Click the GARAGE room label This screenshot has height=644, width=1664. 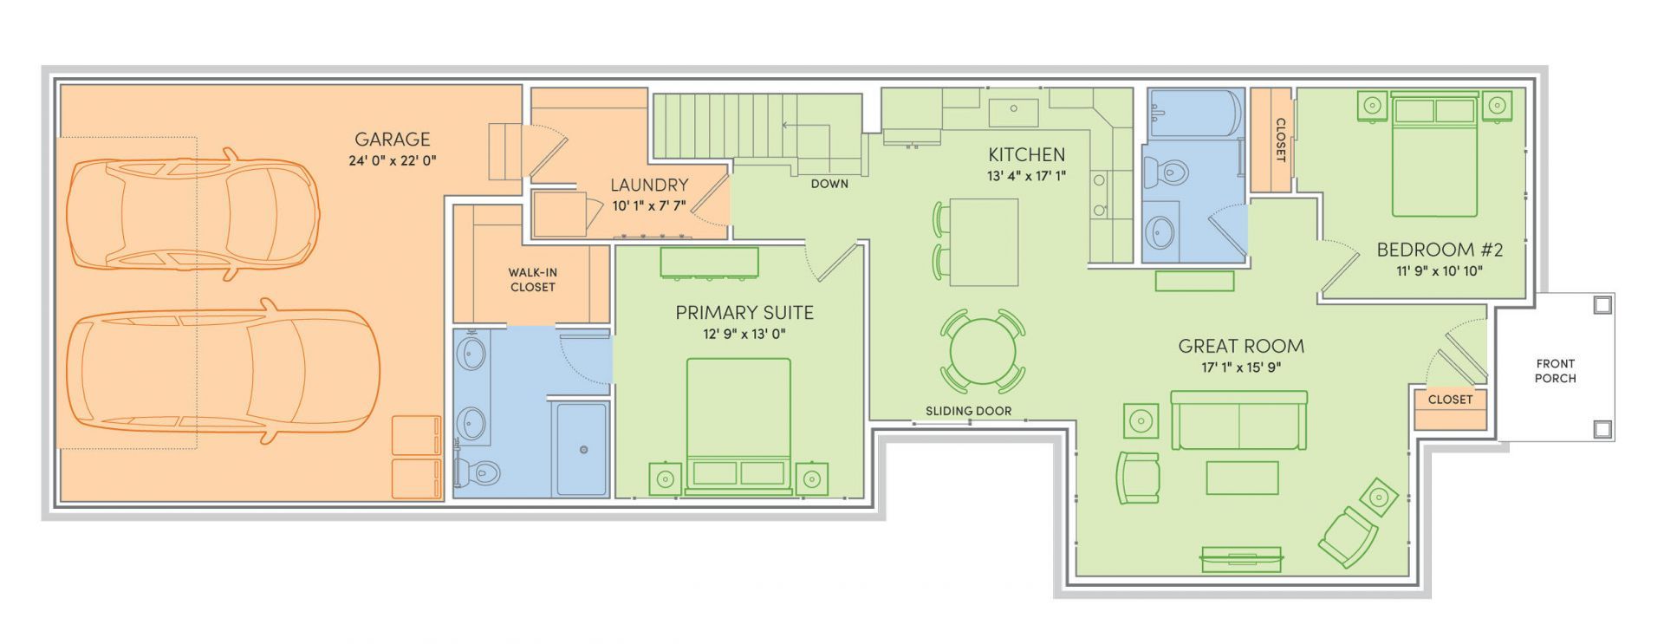tap(393, 139)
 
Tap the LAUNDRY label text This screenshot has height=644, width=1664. tap(649, 185)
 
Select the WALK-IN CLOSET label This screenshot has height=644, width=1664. tap(533, 280)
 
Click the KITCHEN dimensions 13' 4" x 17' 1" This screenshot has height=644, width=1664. tap(1027, 176)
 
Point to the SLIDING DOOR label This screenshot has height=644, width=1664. tap(968, 411)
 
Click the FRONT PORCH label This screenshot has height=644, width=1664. tap(1556, 371)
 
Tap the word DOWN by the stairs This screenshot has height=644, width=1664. tap(829, 184)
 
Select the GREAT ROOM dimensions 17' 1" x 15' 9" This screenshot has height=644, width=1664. tap(1241, 367)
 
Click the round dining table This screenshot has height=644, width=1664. tap(983, 351)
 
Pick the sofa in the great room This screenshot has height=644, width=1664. tap(1239, 420)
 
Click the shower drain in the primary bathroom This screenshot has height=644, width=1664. tap(584, 449)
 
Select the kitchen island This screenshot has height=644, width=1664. tap(984, 242)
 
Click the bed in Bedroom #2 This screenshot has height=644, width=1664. tap(1434, 155)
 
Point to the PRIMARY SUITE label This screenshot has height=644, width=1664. tap(744, 312)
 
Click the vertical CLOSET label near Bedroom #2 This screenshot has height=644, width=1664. tap(1280, 140)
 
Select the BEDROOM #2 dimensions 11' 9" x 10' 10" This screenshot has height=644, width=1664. tap(1440, 270)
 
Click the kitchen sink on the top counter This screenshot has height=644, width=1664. tap(1013, 111)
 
